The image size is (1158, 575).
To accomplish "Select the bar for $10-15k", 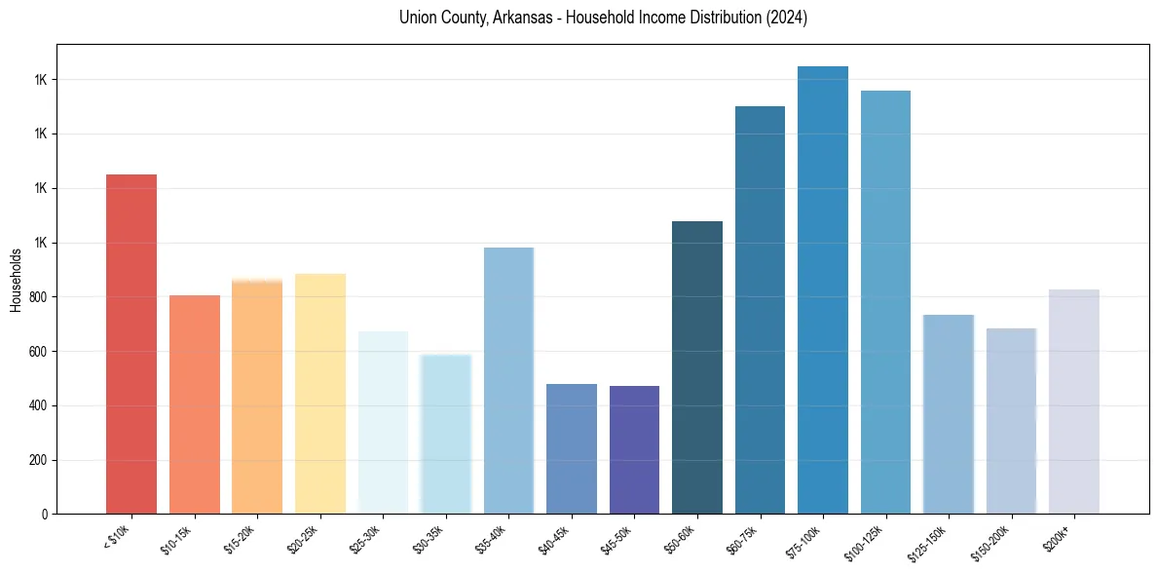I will tap(195, 404).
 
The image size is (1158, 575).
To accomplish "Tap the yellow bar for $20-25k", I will tap(320, 394).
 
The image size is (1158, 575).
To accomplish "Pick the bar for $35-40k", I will tap(508, 380).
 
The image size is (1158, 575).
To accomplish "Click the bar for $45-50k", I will tap(634, 449).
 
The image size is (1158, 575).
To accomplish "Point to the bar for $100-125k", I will tap(885, 302).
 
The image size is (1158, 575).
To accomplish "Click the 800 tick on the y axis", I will tap(39, 297).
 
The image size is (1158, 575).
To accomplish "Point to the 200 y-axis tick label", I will tap(39, 460).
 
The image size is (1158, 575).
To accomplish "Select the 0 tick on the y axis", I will tap(45, 515).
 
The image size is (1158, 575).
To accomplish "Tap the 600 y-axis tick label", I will tap(39, 352).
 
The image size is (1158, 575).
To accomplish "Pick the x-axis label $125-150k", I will tap(929, 540).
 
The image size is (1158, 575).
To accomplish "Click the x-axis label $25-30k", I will tap(365, 538).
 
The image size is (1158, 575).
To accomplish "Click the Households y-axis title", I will tap(17, 280).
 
